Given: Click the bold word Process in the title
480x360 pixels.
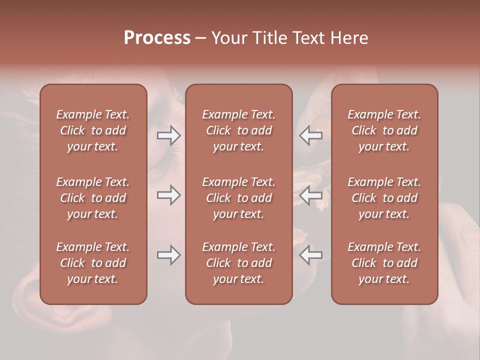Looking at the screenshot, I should [x=157, y=38].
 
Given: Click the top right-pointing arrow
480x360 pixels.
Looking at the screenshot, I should [x=168, y=135].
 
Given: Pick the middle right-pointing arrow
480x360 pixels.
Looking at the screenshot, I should [x=168, y=195].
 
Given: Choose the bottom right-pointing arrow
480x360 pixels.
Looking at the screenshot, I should [x=168, y=255].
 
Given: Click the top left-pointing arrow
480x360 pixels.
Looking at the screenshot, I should [x=310, y=135].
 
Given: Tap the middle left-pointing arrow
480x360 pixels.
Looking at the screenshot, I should [x=310, y=195].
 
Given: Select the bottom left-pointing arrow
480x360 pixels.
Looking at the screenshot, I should [x=310, y=255].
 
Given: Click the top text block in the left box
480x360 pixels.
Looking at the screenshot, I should [x=93, y=130].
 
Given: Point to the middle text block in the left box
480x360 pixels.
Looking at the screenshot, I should [x=93, y=198].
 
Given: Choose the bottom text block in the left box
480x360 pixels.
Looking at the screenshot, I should [x=93, y=263].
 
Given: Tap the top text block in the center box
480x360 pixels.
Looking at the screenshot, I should [x=239, y=130].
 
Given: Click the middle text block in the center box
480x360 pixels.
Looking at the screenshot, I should [x=239, y=198].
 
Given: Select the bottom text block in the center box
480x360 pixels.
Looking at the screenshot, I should [x=239, y=263].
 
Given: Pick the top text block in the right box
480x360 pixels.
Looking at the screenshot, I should [x=384, y=130].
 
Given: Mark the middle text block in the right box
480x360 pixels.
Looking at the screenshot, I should [x=384, y=198].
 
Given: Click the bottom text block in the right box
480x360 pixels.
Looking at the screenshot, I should [x=384, y=263].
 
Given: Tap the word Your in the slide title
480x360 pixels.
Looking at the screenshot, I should [x=227, y=38].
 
